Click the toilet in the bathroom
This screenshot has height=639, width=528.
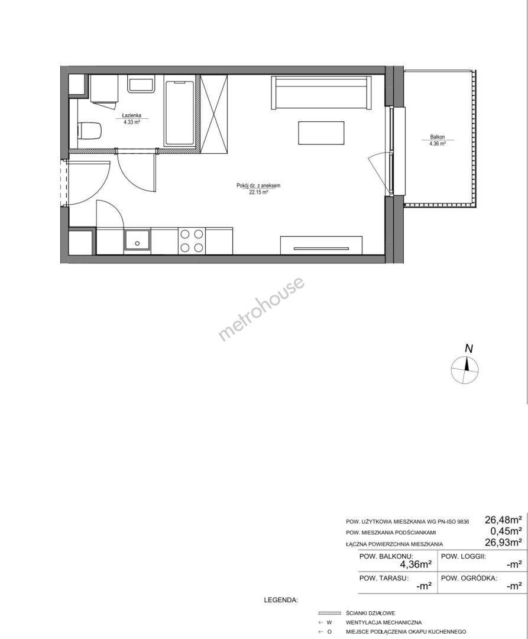pyautogui.click(x=89, y=131)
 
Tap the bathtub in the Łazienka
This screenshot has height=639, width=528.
pyautogui.click(x=179, y=113)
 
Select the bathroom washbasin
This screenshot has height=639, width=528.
pyautogui.click(x=141, y=85)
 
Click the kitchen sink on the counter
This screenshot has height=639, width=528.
pyautogui.click(x=137, y=241)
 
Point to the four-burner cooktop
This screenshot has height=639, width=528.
pyautogui.click(x=192, y=241)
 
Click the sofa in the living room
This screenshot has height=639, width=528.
pyautogui.click(x=321, y=92)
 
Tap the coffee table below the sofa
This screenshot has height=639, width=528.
pyautogui.click(x=321, y=133)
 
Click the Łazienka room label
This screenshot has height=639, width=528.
pyautogui.click(x=132, y=115)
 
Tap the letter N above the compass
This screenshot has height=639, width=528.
pyautogui.click(x=469, y=349)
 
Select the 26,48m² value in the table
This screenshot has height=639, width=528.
pyautogui.click(x=503, y=519)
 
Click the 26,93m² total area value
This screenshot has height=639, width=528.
pyautogui.click(x=503, y=542)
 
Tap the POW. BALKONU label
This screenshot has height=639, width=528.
pyautogui.click(x=386, y=556)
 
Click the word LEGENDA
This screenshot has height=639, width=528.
pyautogui.click(x=281, y=600)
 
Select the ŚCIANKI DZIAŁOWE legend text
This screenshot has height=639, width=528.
pyautogui.click(x=371, y=613)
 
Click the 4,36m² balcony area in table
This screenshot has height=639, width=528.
pyautogui.click(x=416, y=564)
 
